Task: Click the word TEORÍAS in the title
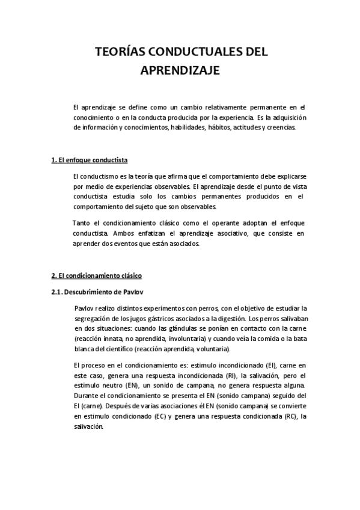coord(118,53)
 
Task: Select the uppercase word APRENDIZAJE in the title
coord(180,71)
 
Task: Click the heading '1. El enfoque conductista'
coord(89,161)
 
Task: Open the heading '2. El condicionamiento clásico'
coord(96,275)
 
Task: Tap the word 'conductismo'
coord(98,176)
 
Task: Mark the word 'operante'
coord(210,223)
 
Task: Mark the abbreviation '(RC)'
coord(290,417)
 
